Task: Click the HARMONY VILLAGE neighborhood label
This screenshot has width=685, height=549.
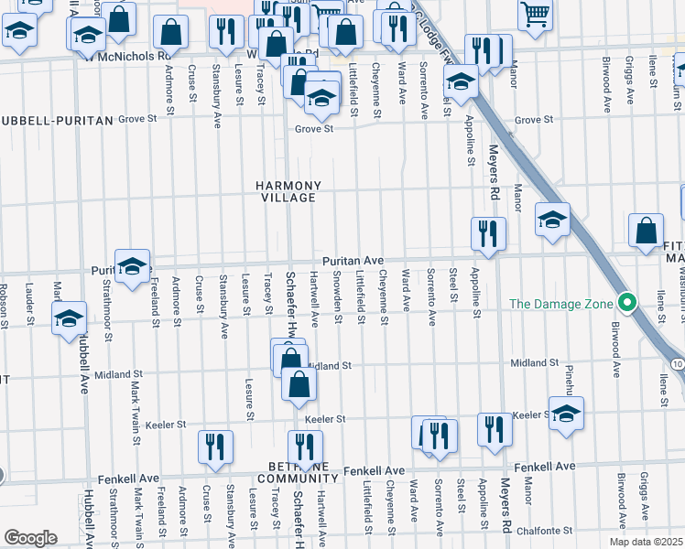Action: (x=288, y=190)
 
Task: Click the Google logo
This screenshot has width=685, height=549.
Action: (x=31, y=537)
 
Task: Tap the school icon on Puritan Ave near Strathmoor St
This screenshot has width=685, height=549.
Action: (x=133, y=265)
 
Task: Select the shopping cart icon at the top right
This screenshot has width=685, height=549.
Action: (x=535, y=15)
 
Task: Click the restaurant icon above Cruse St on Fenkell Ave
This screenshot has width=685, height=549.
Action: (x=215, y=447)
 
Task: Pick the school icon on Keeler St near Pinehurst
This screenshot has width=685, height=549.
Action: (x=566, y=413)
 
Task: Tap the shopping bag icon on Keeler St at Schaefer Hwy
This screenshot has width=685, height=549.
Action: (x=299, y=386)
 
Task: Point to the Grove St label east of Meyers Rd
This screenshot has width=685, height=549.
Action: (x=534, y=120)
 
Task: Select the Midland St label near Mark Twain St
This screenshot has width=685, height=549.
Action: (x=117, y=374)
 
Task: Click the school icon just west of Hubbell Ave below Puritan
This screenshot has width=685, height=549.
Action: (x=69, y=319)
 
